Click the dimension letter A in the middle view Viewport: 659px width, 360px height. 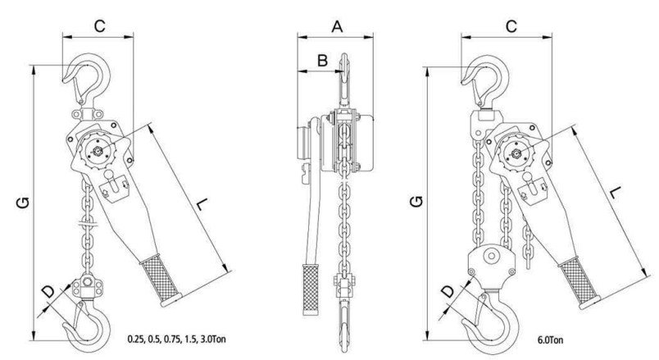(337, 26)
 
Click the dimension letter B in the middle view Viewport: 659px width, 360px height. (322, 60)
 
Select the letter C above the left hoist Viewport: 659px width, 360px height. (98, 26)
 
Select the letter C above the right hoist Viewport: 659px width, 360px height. (510, 26)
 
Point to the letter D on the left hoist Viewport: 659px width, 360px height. (48, 291)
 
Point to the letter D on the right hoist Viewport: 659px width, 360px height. (448, 290)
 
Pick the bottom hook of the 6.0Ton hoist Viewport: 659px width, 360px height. (488, 323)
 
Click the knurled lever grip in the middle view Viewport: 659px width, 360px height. (310, 289)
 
